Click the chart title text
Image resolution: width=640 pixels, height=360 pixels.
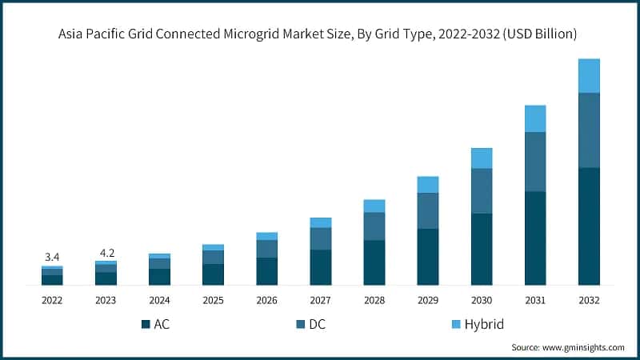pos(320,34)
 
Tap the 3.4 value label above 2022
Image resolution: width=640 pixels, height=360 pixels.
pos(52,257)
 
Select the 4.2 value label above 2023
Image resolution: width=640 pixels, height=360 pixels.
pos(106,252)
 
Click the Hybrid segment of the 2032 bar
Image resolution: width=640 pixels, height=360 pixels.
pos(589,76)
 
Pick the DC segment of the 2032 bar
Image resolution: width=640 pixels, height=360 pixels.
pos(589,130)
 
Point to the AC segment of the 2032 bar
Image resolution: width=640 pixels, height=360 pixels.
pos(589,226)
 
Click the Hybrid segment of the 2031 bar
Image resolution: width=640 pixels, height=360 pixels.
pos(535,118)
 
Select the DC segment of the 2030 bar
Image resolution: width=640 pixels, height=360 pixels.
pos(482,190)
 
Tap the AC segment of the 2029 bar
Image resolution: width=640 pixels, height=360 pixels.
pos(428,257)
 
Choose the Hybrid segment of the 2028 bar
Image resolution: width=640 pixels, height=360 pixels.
pos(374,206)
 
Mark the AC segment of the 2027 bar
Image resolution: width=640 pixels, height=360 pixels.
pos(321,267)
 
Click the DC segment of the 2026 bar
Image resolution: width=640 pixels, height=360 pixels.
pos(267,249)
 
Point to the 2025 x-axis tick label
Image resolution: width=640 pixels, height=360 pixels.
pos(213,300)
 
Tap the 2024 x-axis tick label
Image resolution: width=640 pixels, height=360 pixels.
pos(159,300)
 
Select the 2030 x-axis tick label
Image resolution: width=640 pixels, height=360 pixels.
pos(482,300)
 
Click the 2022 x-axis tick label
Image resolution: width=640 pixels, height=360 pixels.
pos(52,300)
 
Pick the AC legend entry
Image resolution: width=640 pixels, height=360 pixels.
pos(157,324)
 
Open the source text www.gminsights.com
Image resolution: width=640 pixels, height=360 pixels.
pos(583,347)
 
